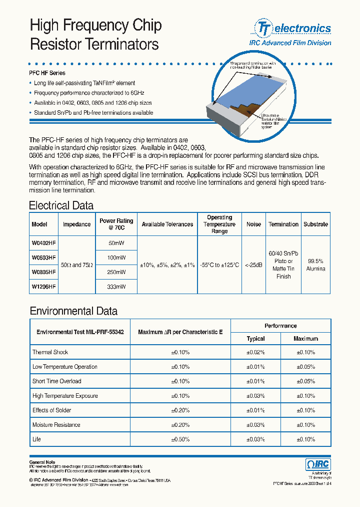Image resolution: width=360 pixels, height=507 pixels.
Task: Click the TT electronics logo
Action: tap(293, 28)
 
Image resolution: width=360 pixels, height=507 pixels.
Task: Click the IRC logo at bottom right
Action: tap(317, 464)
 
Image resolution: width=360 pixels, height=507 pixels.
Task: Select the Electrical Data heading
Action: tap(61, 205)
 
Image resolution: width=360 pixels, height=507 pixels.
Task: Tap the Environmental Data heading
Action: tap(73, 311)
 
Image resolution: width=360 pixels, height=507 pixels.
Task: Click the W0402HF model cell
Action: tap(43, 243)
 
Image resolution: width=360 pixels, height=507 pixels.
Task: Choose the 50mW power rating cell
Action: tap(116, 243)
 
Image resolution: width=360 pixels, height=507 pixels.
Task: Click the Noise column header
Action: tap(253, 224)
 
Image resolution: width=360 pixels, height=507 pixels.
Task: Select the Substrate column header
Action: tap(315, 224)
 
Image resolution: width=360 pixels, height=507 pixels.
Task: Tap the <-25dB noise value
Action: tap(253, 265)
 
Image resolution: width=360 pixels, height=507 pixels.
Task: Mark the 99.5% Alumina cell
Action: tap(315, 265)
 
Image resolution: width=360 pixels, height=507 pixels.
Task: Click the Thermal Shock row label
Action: tap(50, 352)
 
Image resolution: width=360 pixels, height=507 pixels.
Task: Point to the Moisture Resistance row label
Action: tap(56, 425)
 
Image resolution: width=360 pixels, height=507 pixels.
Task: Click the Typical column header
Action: tap(255, 339)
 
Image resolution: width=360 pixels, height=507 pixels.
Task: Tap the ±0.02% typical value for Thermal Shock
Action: tap(255, 352)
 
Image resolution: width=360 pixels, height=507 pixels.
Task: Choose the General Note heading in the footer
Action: tap(42, 462)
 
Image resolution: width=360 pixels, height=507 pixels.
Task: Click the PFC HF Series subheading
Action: tap(47, 73)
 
